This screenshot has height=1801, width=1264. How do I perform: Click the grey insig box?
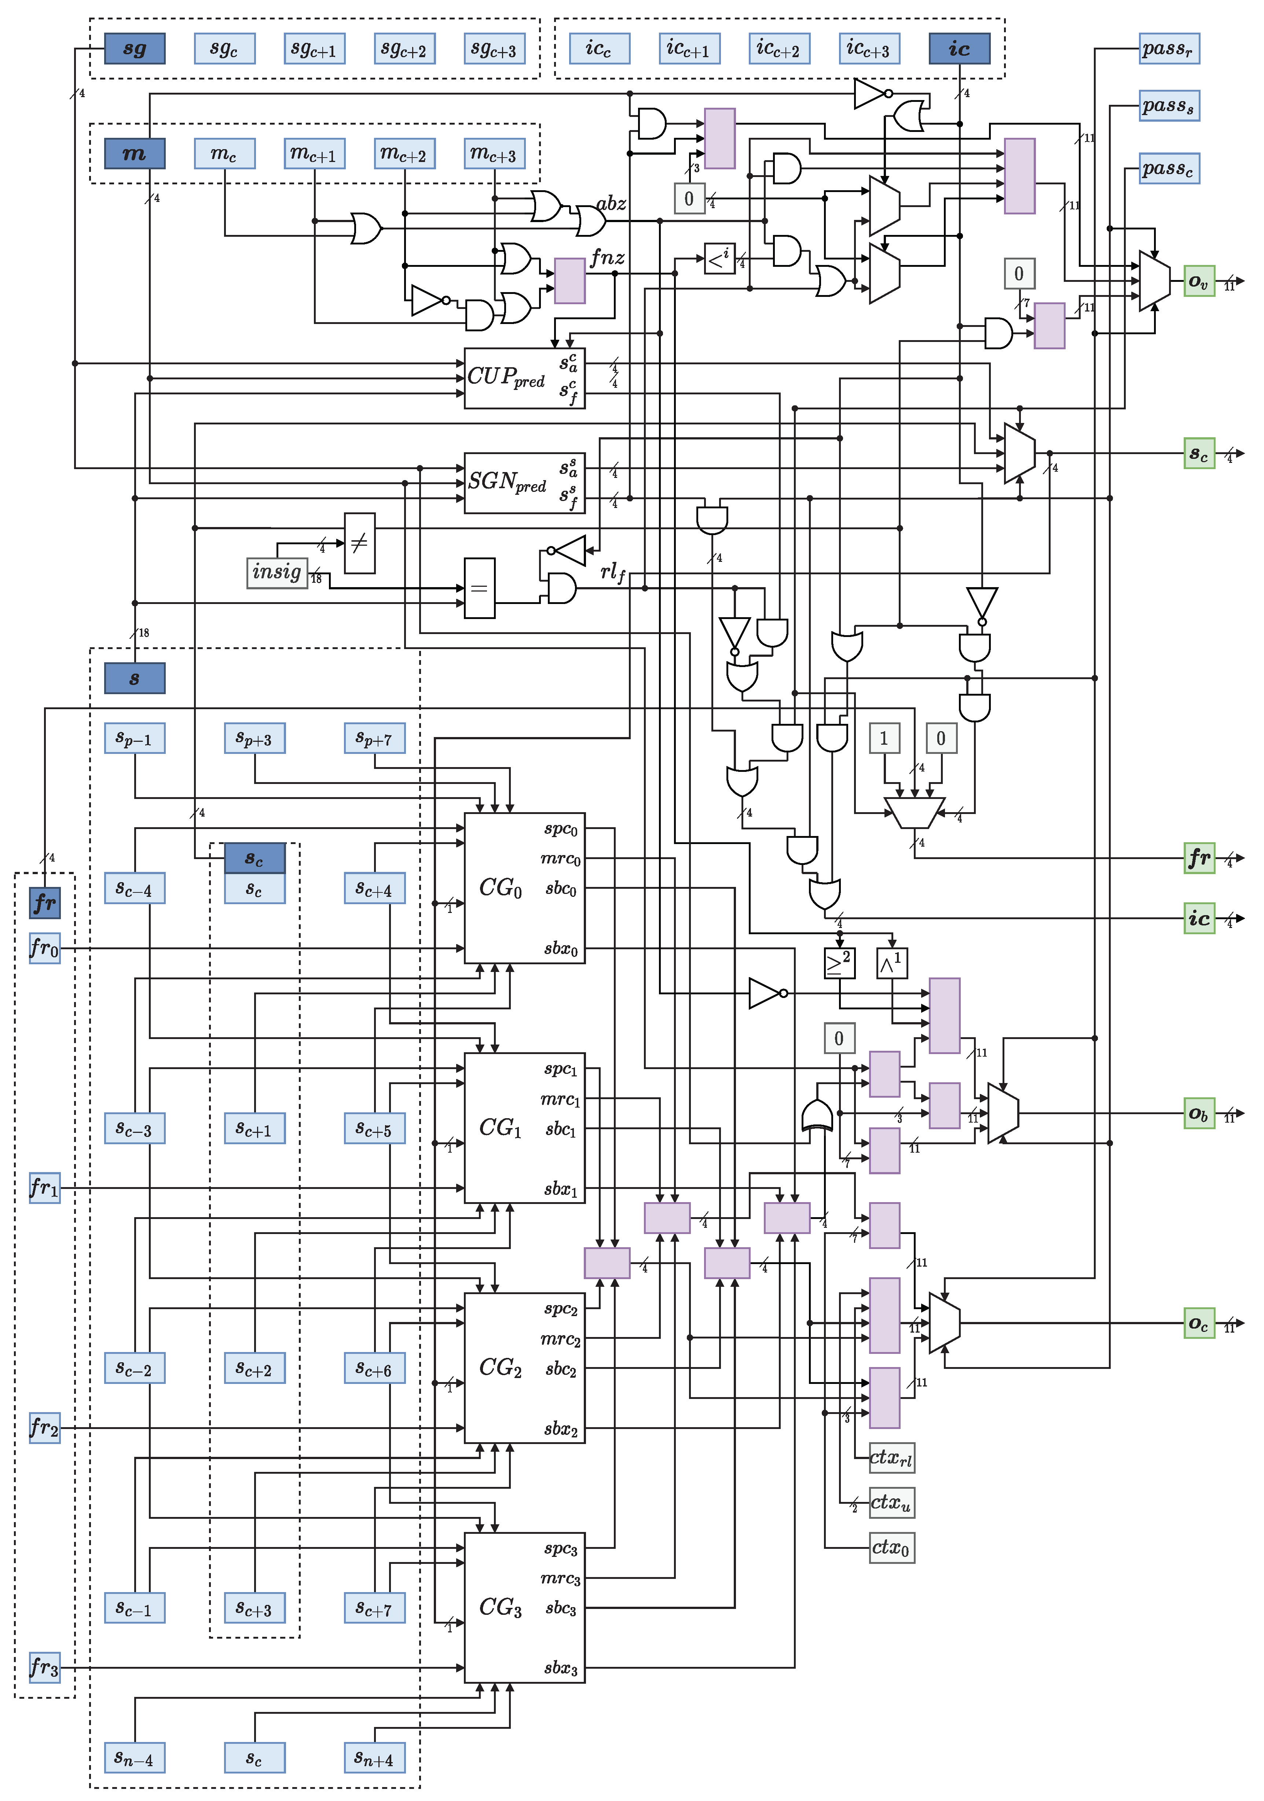tap(276, 572)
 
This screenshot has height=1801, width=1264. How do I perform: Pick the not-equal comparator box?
tap(359, 543)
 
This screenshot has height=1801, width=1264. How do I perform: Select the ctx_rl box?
tap(891, 1458)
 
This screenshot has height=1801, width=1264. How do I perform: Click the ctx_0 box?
tap(891, 1548)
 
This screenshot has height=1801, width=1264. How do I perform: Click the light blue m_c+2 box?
tap(404, 154)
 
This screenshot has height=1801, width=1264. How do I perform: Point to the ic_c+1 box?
tap(689, 49)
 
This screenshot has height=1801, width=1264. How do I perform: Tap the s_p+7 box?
tap(374, 738)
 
